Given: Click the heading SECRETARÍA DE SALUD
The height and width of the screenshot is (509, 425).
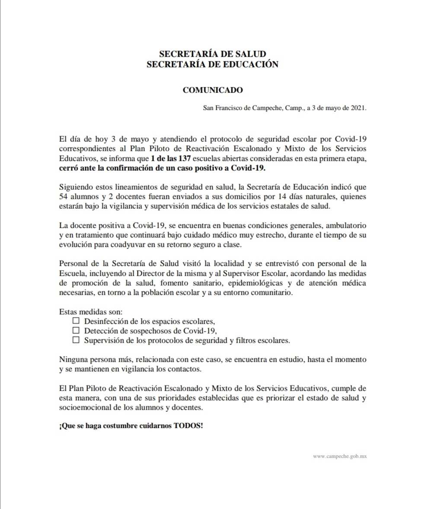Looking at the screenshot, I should [212, 54].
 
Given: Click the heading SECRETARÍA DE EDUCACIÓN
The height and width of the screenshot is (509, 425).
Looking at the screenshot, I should [212, 64].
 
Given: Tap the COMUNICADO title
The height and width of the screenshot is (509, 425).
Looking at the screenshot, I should [212, 90].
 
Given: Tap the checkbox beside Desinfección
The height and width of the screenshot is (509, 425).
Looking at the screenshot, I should [77, 321].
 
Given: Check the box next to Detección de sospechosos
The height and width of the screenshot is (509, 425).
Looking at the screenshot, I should [77, 331].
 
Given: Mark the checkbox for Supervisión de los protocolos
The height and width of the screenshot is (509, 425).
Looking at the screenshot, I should [77, 340].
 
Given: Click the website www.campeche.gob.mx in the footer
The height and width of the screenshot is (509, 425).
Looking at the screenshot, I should [339, 456].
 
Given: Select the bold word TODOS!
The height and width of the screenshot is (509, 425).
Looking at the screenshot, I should [188, 425].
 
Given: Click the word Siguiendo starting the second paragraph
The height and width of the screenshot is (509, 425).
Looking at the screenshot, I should [75, 188].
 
